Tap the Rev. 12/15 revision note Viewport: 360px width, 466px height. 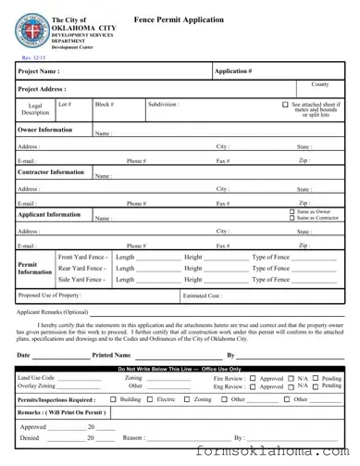(x=31, y=57)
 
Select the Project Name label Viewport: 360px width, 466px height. (x=39, y=70)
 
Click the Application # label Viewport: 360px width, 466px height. (x=233, y=70)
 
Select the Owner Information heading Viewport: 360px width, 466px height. (x=45, y=131)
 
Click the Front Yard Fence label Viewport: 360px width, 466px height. (x=81, y=256)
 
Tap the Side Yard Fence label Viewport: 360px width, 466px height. (x=81, y=278)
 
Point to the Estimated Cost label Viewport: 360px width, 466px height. (x=203, y=296)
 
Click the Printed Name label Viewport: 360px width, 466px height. (x=111, y=355)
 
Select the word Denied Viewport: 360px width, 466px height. (x=30, y=437)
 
